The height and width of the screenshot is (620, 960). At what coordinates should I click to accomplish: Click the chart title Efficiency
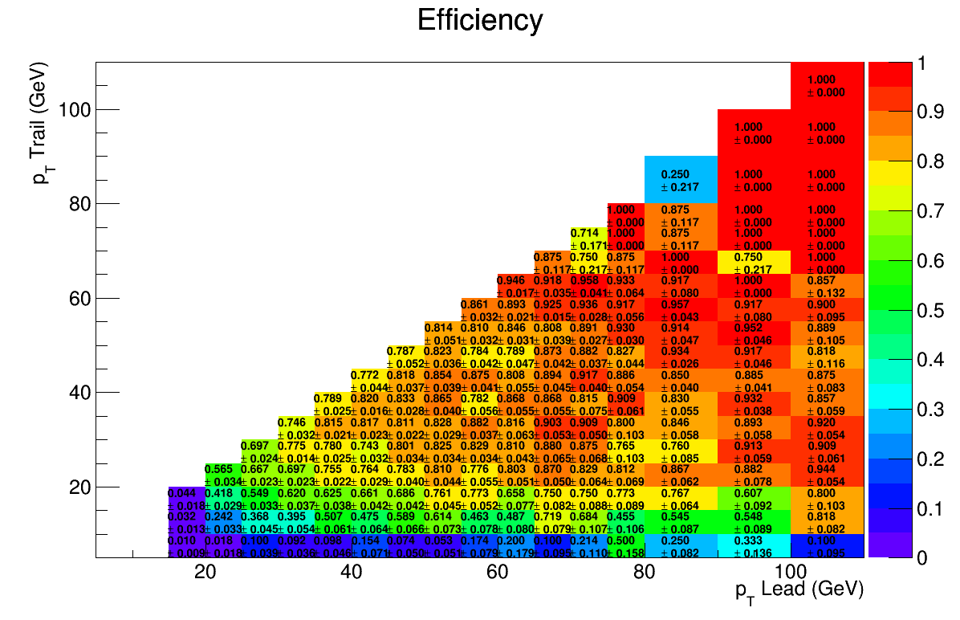480,21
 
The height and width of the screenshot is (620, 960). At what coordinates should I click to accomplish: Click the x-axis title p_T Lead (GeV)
799,590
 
